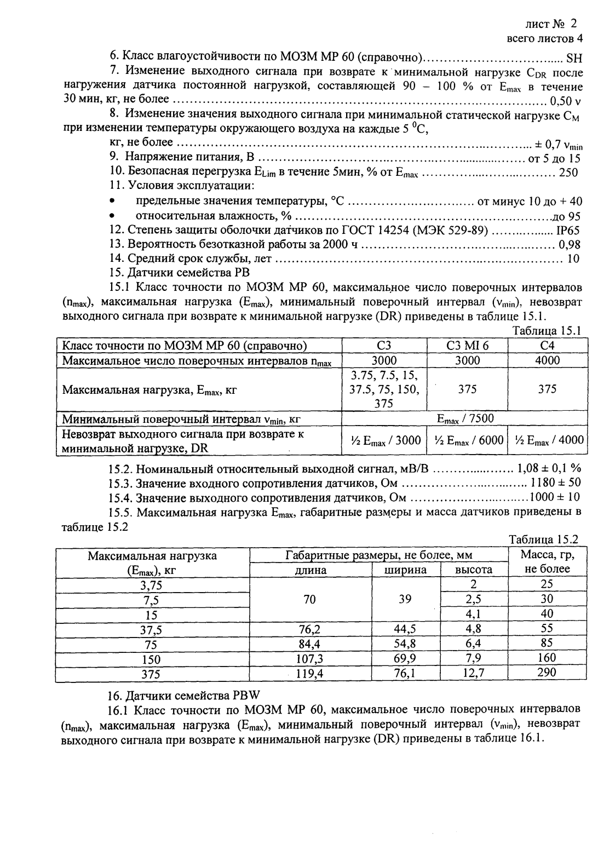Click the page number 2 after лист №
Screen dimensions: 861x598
tap(573, 24)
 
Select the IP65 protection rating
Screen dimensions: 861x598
tap(568, 231)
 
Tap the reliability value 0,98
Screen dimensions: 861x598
tap(570, 245)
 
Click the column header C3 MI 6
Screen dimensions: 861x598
tap(467, 346)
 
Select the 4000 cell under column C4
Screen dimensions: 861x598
tap(547, 360)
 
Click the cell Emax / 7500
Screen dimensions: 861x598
tap(465, 419)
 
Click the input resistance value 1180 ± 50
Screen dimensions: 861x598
tap(555, 483)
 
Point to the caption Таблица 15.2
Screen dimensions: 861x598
tap(543, 539)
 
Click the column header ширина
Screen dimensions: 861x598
tap(406, 570)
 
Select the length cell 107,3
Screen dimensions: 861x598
tap(310, 658)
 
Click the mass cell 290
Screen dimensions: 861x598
tap(547, 673)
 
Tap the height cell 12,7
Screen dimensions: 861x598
tap(474, 673)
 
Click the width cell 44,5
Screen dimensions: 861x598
tap(405, 629)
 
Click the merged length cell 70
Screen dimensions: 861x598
tap(310, 599)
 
